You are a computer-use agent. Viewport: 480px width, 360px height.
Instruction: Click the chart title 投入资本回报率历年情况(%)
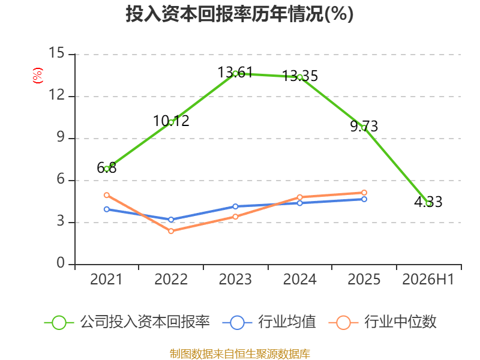239,14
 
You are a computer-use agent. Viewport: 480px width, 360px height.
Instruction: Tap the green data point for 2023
235,74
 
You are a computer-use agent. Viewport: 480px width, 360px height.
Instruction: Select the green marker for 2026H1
428,203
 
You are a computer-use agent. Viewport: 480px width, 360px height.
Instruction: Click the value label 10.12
171,121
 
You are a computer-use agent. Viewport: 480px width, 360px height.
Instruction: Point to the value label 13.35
299,76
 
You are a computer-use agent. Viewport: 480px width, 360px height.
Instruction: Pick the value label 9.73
364,127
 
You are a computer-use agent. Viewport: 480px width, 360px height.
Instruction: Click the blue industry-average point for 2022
171,220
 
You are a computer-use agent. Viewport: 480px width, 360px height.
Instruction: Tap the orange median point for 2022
171,231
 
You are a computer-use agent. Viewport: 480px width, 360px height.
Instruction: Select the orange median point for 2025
364,193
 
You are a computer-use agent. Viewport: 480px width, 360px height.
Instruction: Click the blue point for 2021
107,209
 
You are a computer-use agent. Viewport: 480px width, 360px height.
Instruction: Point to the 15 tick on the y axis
56,53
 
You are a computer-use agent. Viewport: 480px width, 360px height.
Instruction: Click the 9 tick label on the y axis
61,137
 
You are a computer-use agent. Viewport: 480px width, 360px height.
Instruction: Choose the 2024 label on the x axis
299,279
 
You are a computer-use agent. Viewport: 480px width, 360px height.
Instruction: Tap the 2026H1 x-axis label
428,279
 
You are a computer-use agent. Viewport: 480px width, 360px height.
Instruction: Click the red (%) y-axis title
38,76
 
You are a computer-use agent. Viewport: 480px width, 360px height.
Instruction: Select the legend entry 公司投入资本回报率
127,322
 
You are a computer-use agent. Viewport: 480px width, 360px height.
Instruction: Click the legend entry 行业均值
269,322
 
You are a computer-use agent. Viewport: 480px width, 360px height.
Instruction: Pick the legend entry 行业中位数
382,322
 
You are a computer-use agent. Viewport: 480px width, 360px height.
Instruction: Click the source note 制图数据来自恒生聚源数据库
240,354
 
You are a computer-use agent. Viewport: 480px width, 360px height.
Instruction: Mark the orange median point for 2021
107,195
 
